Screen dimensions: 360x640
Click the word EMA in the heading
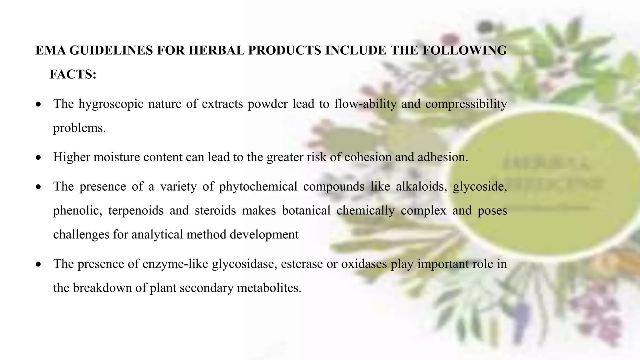coord(50,51)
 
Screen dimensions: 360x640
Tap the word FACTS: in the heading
coord(73,75)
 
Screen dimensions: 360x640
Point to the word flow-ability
coord(365,104)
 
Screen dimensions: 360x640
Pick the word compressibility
coord(466,104)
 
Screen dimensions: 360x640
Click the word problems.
coord(79,128)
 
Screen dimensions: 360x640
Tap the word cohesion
coord(367,157)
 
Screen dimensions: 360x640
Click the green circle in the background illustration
coord(544,184)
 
